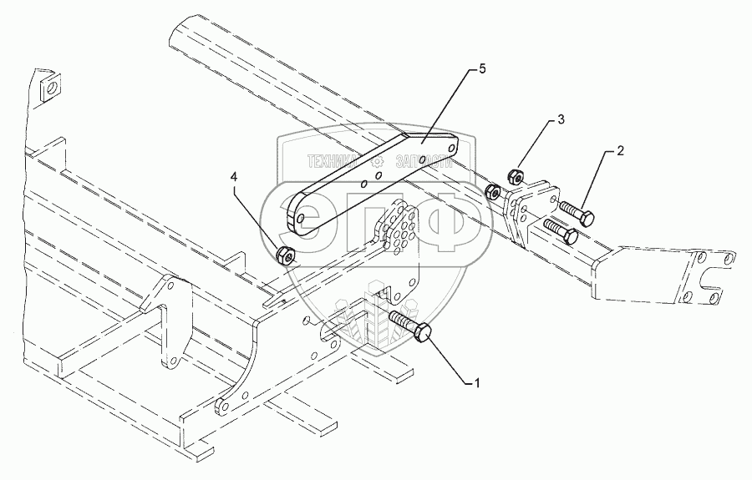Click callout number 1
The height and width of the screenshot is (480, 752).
478,382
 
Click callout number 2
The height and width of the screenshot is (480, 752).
620,151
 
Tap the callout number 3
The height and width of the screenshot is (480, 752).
561,120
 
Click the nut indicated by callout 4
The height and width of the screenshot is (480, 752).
285,254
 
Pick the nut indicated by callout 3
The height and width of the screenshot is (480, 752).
516,176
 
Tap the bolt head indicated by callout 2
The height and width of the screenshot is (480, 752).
587,220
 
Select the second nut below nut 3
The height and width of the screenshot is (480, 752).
494,193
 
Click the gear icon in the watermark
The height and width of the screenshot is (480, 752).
378,160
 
